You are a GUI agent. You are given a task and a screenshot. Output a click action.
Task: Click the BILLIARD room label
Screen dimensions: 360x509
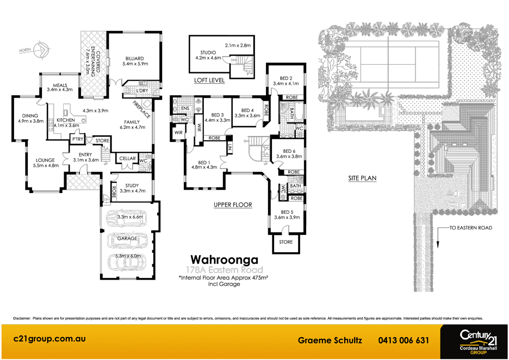pyautogui.click(x=134, y=58)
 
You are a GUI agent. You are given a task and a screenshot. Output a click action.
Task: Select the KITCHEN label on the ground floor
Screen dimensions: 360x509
pyautogui.click(x=66, y=120)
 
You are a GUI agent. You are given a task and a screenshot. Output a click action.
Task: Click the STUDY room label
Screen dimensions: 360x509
pyautogui.click(x=132, y=186)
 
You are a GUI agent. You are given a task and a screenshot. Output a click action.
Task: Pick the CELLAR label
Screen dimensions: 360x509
pyautogui.click(x=127, y=159)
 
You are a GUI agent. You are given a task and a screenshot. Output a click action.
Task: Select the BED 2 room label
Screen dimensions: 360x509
pyautogui.click(x=286, y=78)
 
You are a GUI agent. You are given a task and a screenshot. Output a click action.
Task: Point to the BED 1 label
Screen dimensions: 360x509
pyautogui.click(x=204, y=163)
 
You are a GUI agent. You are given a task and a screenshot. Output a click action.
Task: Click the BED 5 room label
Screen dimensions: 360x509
pyautogui.click(x=287, y=213)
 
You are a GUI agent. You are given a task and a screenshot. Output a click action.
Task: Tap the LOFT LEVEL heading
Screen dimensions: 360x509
pyautogui.click(x=209, y=80)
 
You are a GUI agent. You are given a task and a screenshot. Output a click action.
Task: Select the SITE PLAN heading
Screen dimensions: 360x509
pyautogui.click(x=363, y=178)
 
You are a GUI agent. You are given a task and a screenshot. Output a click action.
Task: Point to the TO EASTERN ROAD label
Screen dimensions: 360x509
pyautogui.click(x=471, y=228)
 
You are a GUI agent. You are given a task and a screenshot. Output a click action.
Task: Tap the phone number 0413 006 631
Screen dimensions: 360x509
pyautogui.click(x=404, y=340)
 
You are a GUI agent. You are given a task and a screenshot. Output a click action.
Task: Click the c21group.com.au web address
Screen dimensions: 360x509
pyautogui.click(x=49, y=338)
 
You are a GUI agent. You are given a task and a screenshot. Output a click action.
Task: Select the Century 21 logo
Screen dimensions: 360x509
pyautogui.click(x=475, y=340)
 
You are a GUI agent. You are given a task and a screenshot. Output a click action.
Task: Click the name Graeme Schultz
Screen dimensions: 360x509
pyautogui.click(x=330, y=340)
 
